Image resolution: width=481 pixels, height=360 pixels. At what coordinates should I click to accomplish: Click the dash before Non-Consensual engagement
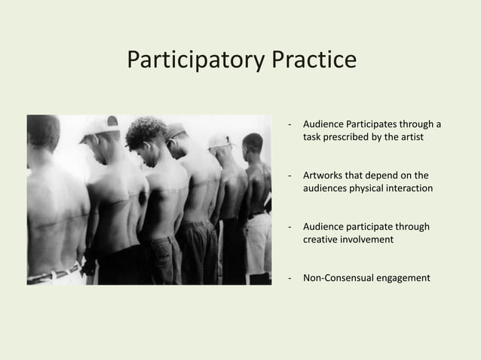click(x=290, y=278)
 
